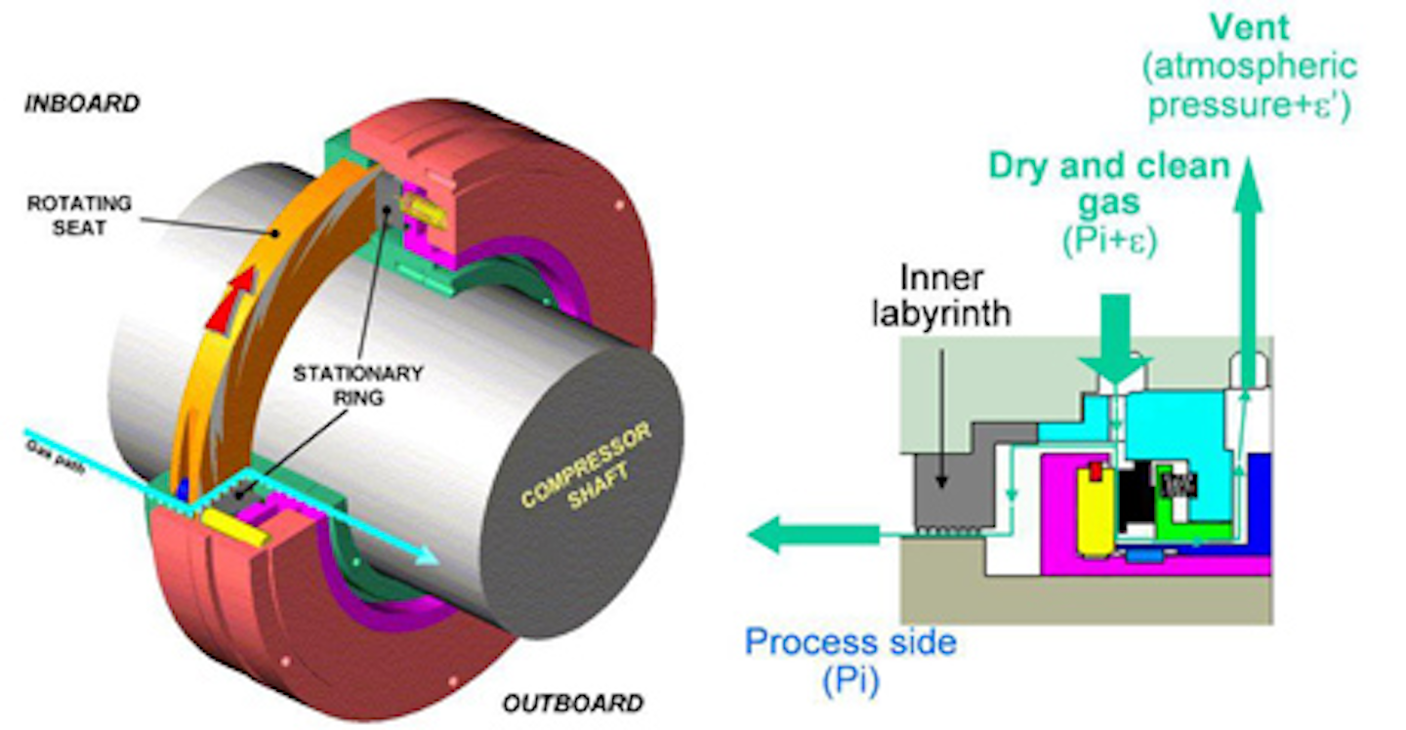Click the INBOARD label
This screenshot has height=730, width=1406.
(82, 103)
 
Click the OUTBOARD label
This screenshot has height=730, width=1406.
(572, 703)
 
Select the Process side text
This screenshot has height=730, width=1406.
(850, 642)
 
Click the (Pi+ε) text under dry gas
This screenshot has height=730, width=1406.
(1108, 240)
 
